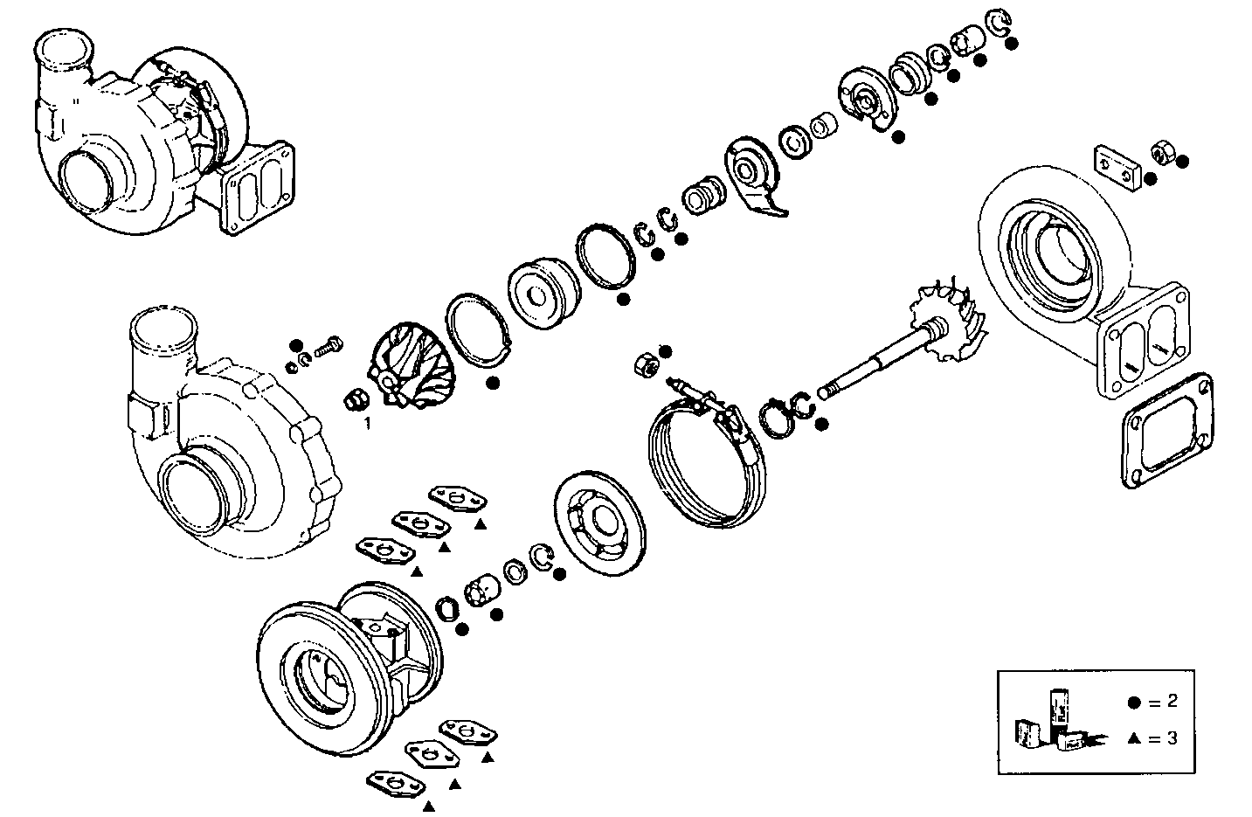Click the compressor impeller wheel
[410, 365]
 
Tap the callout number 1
[368, 423]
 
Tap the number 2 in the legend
[1172, 702]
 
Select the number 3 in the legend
[1172, 738]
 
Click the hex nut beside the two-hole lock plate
[1162, 151]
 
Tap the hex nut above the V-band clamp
[645, 365]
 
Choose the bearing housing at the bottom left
[349, 668]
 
